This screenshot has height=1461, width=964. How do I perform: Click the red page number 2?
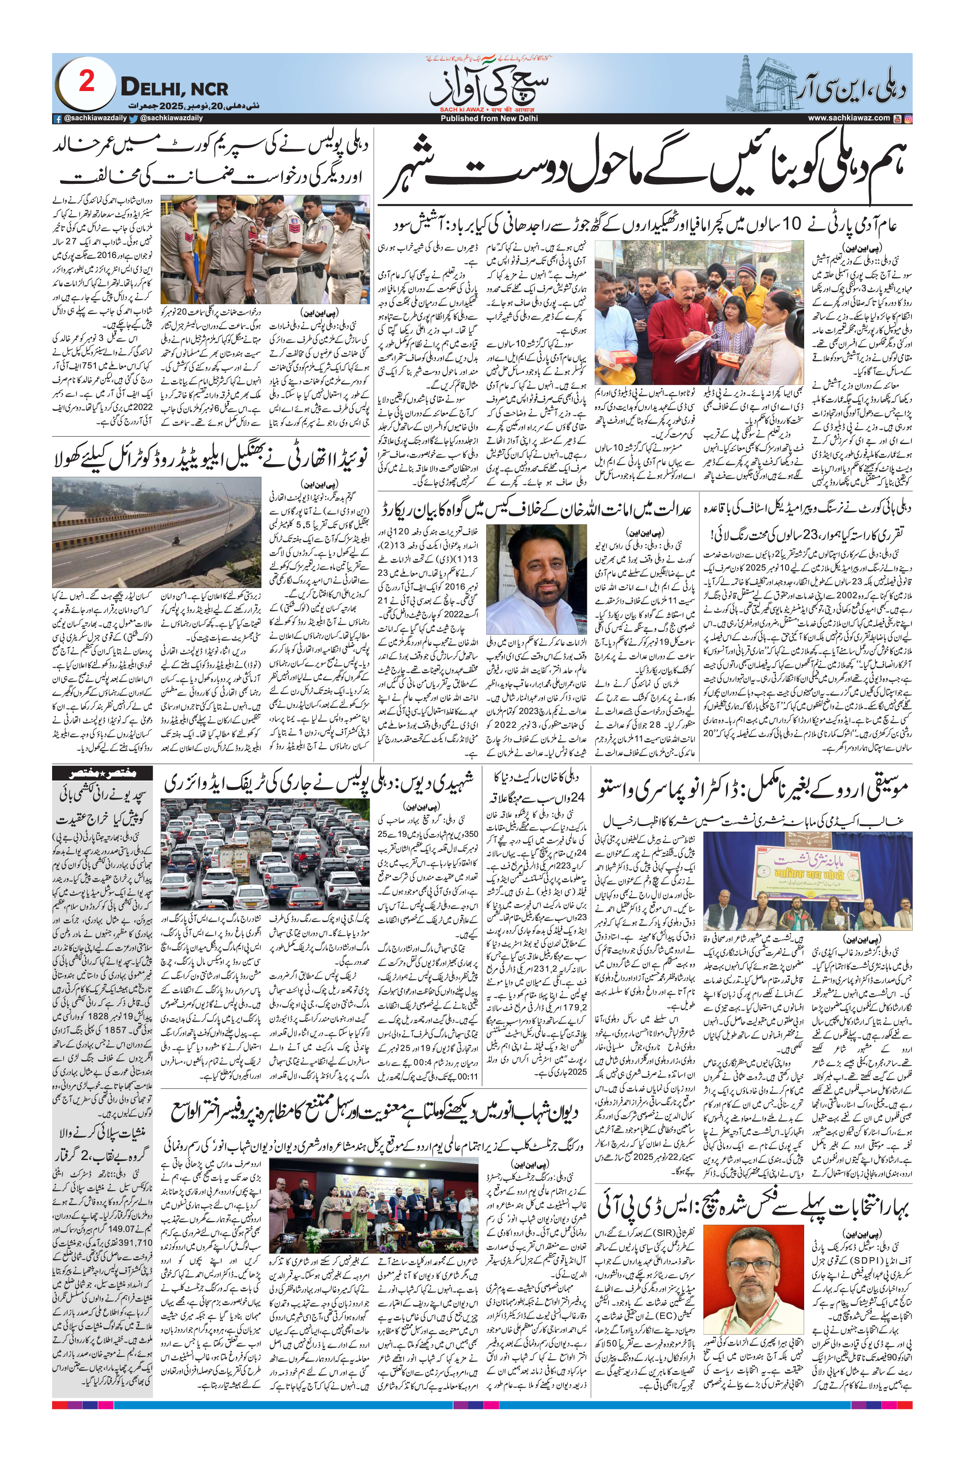[87, 83]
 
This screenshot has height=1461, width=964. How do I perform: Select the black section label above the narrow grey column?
[103, 773]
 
